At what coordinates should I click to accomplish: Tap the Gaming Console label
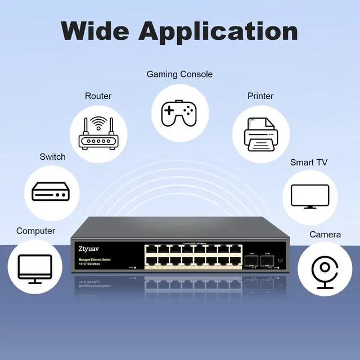(x=179, y=74)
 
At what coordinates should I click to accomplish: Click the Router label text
(x=98, y=96)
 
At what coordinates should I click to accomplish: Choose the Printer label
(x=260, y=96)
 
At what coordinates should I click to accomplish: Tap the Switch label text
(x=52, y=157)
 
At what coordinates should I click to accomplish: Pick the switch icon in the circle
(x=51, y=192)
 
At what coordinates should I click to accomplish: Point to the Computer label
(x=35, y=231)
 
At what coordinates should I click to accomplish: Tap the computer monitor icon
(x=35, y=268)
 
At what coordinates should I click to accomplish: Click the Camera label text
(x=325, y=235)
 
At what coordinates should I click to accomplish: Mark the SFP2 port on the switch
(x=268, y=261)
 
